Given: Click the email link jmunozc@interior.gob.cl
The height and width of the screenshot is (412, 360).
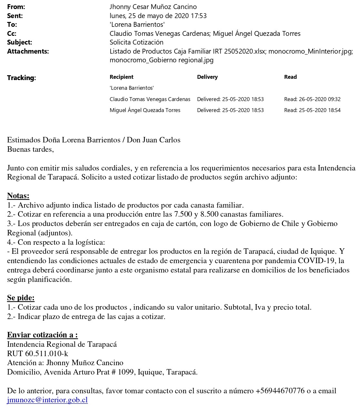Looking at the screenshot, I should [47, 400].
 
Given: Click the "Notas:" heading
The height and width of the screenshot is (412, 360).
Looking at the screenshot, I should [18, 195].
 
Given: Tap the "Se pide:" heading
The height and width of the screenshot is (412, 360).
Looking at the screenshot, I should [21, 297].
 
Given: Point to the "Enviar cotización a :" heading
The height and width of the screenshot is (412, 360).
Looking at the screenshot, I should [42, 335].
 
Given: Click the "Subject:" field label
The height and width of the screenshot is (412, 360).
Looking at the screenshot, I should [19, 42].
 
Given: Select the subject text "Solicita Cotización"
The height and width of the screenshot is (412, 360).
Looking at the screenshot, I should [136, 42].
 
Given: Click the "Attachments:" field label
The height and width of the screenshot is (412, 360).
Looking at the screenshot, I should [28, 51].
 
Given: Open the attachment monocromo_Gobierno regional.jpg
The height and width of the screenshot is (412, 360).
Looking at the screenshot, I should [161, 60].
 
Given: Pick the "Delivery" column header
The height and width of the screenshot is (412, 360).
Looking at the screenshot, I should [207, 77].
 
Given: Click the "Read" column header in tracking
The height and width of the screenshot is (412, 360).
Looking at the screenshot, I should [290, 77].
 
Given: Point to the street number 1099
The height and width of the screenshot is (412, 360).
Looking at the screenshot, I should [127, 372].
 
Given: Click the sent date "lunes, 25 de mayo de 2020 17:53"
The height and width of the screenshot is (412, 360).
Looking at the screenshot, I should [158, 15].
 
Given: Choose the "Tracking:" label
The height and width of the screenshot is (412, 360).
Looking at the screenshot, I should [21, 78].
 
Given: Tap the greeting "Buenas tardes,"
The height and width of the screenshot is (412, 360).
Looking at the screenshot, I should [30, 149].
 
